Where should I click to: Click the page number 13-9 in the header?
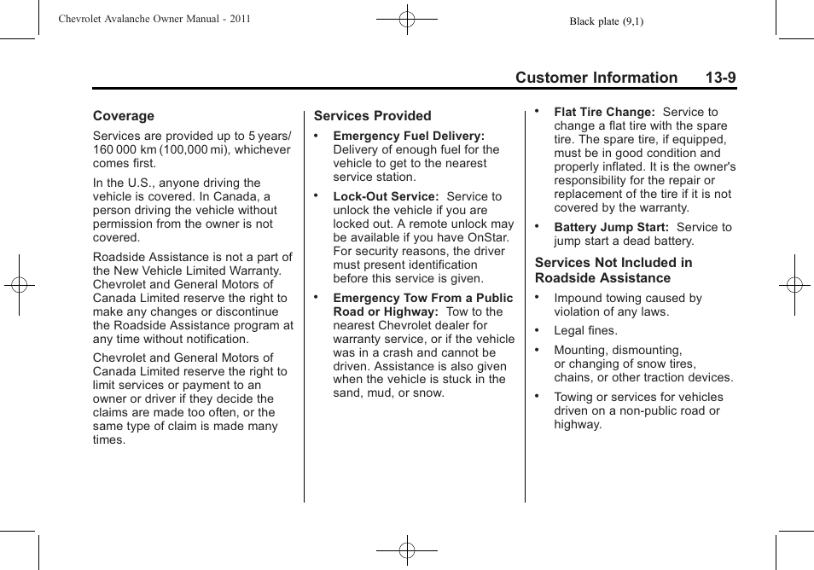pos(720,78)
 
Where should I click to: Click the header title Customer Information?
pos(596,78)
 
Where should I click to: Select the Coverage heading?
pos(124,116)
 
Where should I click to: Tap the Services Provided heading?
pos(372,116)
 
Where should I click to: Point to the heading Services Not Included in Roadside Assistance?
pos(613,270)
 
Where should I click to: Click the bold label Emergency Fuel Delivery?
pos(408,136)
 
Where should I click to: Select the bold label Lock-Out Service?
pos(386,196)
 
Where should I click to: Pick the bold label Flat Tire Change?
pos(604,112)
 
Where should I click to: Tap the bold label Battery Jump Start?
pos(611,227)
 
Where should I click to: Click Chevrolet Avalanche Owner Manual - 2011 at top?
pos(154,19)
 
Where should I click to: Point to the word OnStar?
pos(486,237)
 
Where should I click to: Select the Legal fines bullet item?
pos(585,330)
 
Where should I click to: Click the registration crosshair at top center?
pos(407,19)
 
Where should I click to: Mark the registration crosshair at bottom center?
pos(407,550)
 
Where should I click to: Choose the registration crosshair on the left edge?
pos(20,285)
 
